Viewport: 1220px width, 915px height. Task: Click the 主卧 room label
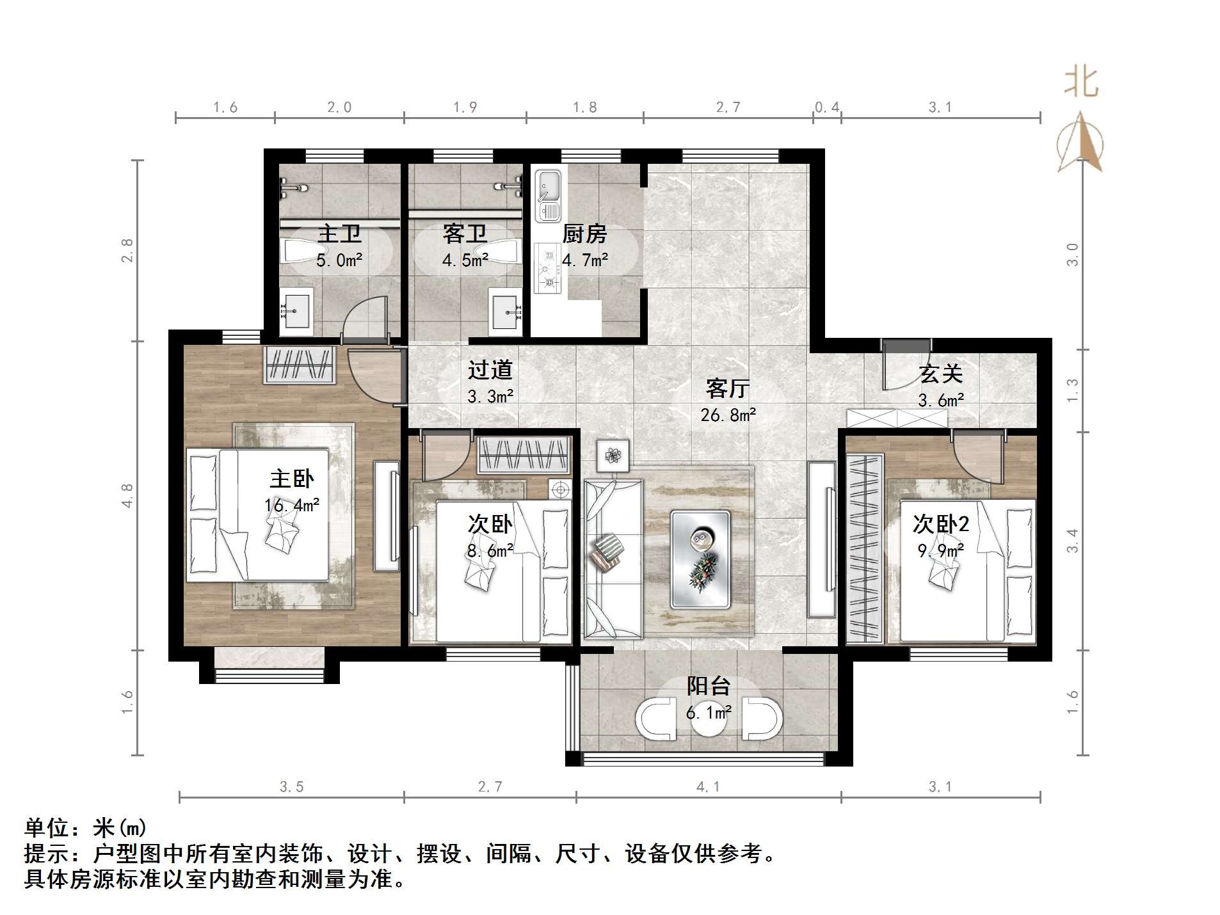tap(291, 479)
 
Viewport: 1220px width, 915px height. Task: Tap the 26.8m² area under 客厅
tap(728, 415)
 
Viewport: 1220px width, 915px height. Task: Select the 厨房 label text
tap(584, 234)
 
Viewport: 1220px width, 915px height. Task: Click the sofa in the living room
tap(613, 559)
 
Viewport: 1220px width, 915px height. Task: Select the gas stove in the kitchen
tap(548, 268)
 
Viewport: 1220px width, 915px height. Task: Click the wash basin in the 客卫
tap(506, 312)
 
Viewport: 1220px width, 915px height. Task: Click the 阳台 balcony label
tap(708, 686)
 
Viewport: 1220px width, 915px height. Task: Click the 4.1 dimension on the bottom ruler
tap(708, 787)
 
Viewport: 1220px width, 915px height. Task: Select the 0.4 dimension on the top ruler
tap(826, 107)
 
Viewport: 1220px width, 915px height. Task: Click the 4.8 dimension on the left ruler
tap(127, 495)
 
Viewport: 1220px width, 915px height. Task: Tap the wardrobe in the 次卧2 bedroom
tap(865, 549)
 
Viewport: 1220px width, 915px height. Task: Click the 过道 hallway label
tap(490, 370)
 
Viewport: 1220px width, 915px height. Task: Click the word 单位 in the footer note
tap(47, 828)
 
